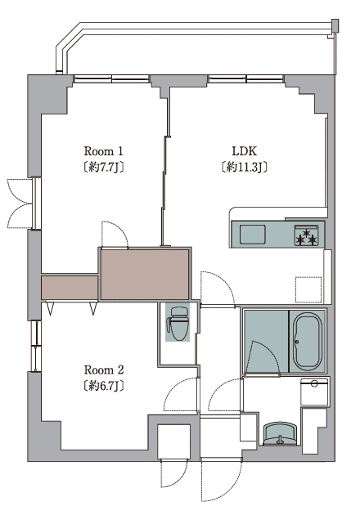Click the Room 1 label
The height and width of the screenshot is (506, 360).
pos(103,151)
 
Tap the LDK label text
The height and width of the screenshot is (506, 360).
pos(244,151)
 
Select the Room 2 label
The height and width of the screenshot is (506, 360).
pos(104,369)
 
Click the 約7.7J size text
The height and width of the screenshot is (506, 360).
pos(103,167)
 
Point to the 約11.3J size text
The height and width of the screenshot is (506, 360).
pos(245,167)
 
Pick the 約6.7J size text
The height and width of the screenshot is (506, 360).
pos(104,386)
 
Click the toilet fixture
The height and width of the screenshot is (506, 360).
pos(178,324)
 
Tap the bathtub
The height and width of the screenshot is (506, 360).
pos(308,342)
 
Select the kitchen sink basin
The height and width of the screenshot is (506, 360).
pos(253,235)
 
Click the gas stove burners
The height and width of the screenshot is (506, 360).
pos(306,235)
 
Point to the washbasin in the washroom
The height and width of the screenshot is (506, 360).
pos(280,433)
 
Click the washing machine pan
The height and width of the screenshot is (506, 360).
pos(314,392)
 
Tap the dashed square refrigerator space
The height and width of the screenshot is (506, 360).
pos(308,289)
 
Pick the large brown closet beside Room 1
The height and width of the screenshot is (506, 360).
pos(145,274)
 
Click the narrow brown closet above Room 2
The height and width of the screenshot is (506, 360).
pos(70,288)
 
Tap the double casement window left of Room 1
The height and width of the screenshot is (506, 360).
pos(20,204)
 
